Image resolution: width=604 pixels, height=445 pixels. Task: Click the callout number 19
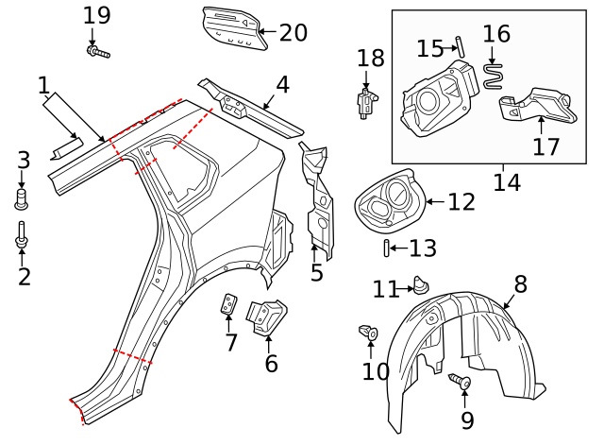point(96,15)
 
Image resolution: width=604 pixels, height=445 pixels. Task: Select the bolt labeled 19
point(98,52)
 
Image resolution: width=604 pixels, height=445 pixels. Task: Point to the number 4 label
point(282,85)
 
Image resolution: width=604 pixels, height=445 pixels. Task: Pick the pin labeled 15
point(460,45)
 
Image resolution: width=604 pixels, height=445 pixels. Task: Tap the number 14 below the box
point(507,181)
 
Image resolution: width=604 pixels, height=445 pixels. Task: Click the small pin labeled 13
point(387,248)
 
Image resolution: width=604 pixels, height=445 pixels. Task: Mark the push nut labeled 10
point(370,332)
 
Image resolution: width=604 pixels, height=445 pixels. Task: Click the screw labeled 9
point(462,382)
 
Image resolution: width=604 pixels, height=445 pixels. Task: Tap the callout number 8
point(520,283)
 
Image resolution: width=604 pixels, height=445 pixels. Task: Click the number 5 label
point(316,273)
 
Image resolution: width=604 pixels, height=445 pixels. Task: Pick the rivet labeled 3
point(23,198)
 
